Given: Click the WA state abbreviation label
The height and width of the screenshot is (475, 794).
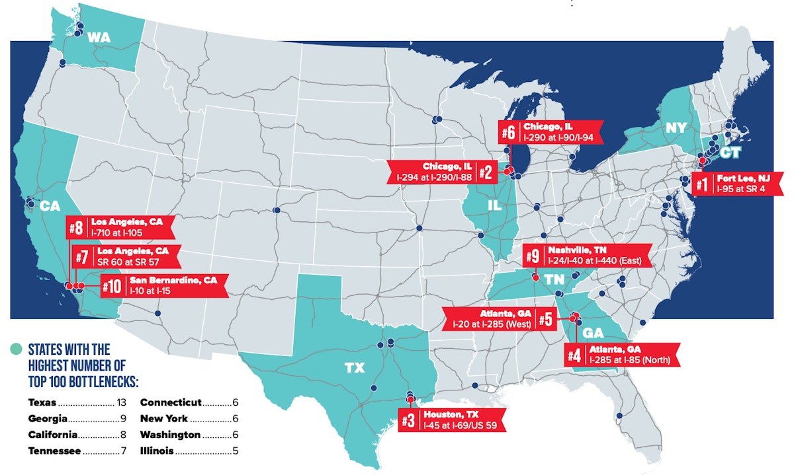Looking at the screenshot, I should (x=99, y=38).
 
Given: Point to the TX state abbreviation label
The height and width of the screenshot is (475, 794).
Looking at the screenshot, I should (x=355, y=368).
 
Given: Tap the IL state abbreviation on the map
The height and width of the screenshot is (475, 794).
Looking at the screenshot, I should (x=493, y=205).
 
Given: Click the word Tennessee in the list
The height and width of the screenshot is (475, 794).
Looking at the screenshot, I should (x=54, y=451).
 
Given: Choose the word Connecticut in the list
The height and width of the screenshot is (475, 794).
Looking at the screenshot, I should (x=171, y=402).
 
